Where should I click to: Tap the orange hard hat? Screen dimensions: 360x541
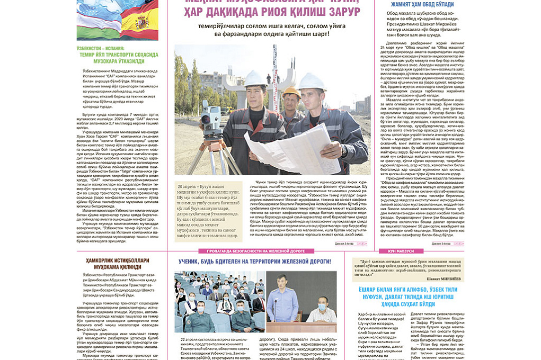pyautogui.click(x=290, y=92)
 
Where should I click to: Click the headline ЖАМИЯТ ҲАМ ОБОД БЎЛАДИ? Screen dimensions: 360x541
pyautogui.click(x=422, y=4)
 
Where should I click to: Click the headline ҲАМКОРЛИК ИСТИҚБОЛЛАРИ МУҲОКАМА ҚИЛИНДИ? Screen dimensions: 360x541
pyautogui.click(x=118, y=263)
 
